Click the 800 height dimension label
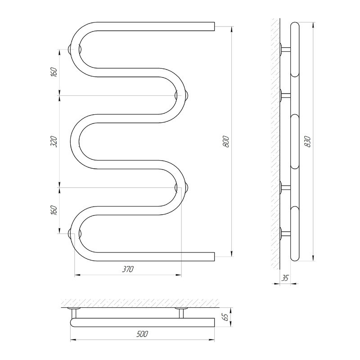[226, 141]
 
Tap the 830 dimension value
[307, 141]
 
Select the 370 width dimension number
[128, 269]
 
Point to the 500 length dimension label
[142, 334]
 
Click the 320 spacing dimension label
[54, 141]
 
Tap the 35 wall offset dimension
[285, 278]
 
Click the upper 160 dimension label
[54, 72]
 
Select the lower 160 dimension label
[54, 210]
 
